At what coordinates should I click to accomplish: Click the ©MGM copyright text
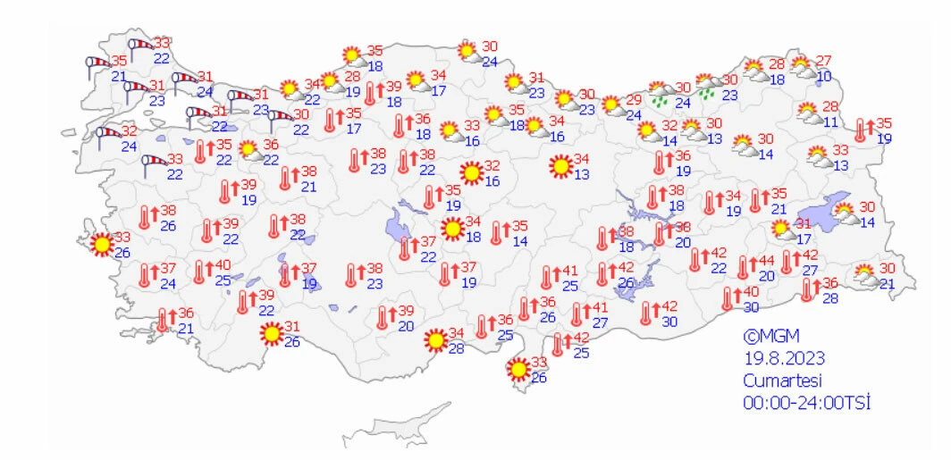pyautogui.click(x=771, y=337)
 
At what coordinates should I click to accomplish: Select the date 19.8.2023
pyautogui.click(x=784, y=358)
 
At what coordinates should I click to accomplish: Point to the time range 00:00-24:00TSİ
pyautogui.click(x=807, y=402)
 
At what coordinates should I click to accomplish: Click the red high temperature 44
pyautogui.click(x=766, y=261)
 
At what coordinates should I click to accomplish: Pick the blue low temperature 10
pyautogui.click(x=824, y=77)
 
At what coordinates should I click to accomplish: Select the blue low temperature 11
pyautogui.click(x=830, y=121)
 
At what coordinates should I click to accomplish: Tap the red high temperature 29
pyautogui.click(x=634, y=99)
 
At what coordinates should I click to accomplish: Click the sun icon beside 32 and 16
pyautogui.click(x=470, y=171)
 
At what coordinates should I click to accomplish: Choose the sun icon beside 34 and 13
pyautogui.click(x=560, y=166)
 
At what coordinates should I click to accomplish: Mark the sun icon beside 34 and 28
pyautogui.click(x=435, y=340)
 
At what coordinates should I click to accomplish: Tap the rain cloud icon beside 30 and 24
pyautogui.click(x=661, y=93)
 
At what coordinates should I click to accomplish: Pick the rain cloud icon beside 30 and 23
pyautogui.click(x=709, y=87)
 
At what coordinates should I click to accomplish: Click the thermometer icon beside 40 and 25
pyautogui.click(x=200, y=272)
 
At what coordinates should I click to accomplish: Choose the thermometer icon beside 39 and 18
pyautogui.click(x=370, y=93)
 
